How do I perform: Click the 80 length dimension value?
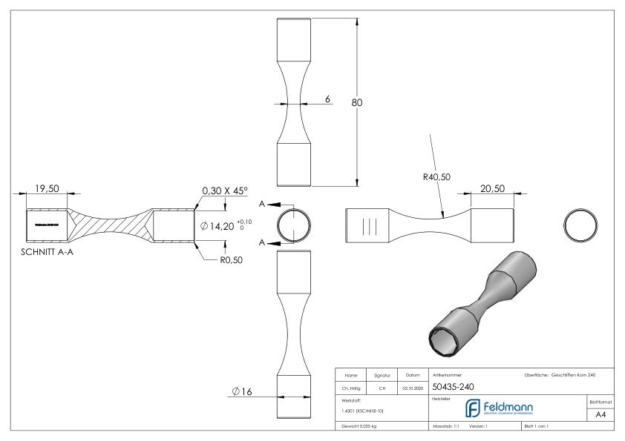[356, 102]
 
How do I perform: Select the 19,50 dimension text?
[46, 188]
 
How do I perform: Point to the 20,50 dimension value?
[492, 189]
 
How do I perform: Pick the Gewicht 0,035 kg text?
[361, 428]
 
